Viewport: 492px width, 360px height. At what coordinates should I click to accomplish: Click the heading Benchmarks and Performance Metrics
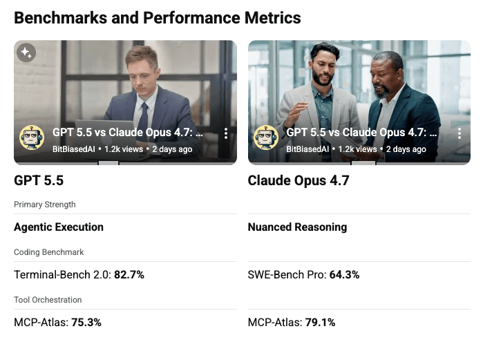(x=158, y=17)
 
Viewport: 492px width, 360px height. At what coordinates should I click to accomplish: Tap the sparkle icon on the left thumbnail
(x=26, y=53)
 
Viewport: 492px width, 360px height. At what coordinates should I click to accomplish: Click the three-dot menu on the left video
(x=225, y=133)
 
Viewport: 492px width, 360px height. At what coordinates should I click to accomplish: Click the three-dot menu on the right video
(x=460, y=133)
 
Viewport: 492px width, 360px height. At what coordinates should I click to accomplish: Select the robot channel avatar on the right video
(x=266, y=138)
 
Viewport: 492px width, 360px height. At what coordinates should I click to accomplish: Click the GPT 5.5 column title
(x=39, y=181)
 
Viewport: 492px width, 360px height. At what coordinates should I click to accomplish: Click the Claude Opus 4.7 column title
(x=299, y=181)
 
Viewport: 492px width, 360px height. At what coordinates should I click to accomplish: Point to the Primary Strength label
(x=45, y=205)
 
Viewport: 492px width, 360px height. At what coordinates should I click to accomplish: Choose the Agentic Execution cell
(x=59, y=227)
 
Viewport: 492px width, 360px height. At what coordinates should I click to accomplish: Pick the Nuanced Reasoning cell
(x=297, y=227)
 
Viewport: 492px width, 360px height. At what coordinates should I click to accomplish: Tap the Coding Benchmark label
(x=49, y=252)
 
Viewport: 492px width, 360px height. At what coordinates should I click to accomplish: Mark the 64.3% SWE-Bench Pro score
(x=343, y=274)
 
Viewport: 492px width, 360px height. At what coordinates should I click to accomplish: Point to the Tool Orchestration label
(x=48, y=300)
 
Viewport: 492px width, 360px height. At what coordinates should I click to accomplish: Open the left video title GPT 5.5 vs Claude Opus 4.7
(x=128, y=133)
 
